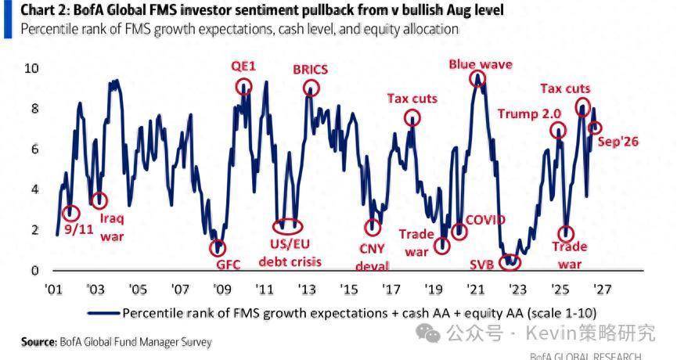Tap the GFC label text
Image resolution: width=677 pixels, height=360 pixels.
coord(228,265)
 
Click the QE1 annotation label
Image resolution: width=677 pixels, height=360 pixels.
coord(243,66)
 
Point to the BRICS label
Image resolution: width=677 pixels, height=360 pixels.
coord(310,70)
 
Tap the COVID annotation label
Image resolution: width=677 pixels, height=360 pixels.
coord(485,220)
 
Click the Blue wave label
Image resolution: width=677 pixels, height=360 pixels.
coord(481,65)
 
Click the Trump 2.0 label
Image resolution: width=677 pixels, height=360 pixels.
coord(529,114)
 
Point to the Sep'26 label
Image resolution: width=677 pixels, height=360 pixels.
coord(618,142)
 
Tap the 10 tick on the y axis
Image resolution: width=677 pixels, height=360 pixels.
coord(31,68)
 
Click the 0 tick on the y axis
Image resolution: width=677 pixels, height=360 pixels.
coord(34,270)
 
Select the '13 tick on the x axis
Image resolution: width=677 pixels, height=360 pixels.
coord(307,290)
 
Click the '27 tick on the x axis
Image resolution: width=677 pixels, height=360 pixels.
coord(603,290)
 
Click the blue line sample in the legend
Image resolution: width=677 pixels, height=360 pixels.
coord(103,313)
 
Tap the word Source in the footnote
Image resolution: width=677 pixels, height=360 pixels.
coord(38,342)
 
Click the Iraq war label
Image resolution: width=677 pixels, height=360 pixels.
coord(112,228)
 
